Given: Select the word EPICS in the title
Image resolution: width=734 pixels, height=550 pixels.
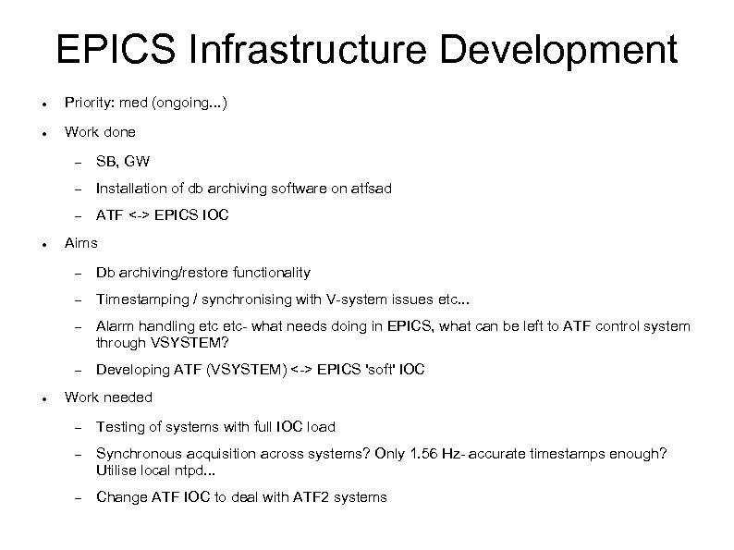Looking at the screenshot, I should [x=111, y=51].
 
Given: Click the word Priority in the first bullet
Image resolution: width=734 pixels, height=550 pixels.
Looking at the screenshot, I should [x=87, y=104].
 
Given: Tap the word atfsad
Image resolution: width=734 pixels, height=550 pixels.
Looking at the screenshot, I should [x=368, y=189].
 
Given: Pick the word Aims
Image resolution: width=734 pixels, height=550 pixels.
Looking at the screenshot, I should [x=81, y=244].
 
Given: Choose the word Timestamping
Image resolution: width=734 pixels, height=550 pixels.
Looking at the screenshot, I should [x=140, y=299].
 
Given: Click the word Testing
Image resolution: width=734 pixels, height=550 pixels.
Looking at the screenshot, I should [x=118, y=426].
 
